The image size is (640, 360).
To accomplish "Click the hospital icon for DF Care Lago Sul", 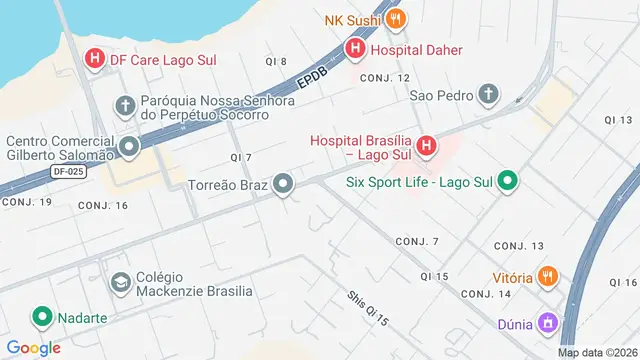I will click(x=95, y=59).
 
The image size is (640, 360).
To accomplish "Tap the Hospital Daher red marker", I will click(x=355, y=47).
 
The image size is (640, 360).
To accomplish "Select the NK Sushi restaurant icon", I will click(x=396, y=19).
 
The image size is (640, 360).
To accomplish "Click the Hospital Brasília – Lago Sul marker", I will click(x=426, y=148).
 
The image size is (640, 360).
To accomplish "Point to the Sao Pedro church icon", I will click(x=488, y=95).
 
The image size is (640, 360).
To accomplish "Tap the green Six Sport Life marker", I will click(x=507, y=182).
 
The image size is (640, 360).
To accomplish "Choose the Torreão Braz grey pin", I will click(x=284, y=184).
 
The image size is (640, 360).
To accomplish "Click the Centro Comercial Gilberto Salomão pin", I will click(x=128, y=149).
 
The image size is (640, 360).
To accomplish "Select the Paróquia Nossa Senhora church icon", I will click(x=125, y=105).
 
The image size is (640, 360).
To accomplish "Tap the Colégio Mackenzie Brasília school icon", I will click(x=121, y=283).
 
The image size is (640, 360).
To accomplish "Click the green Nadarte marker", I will click(x=43, y=317).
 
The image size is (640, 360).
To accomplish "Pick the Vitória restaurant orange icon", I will click(x=548, y=276).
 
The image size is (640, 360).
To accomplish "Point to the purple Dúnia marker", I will click(x=547, y=323).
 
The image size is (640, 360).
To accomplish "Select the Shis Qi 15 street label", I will click(x=367, y=309).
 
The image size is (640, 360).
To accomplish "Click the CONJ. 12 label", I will click(x=385, y=78).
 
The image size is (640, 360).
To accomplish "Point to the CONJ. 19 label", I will click(x=27, y=202).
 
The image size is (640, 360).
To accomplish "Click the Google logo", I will click(x=33, y=347).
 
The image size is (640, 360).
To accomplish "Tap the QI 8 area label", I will click(x=276, y=62).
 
